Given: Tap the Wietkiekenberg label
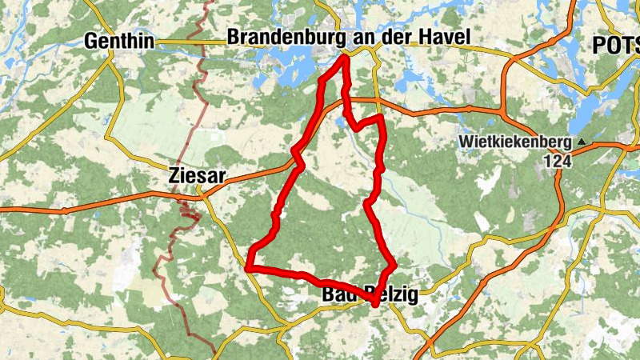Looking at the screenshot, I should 514,142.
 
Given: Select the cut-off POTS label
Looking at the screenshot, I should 616,46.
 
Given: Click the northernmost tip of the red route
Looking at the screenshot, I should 345,55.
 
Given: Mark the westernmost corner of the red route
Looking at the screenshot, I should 249,267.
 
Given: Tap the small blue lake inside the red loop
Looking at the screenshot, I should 342,122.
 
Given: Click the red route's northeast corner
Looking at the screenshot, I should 382,118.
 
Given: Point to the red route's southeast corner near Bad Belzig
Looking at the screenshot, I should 394,265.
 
